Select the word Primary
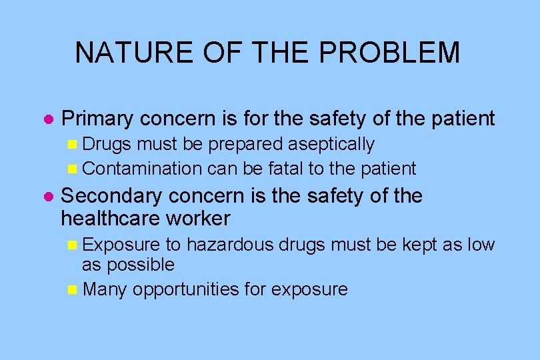pos(98,119)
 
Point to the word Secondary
pos(111,196)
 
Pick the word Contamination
pos(142,169)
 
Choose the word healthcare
pos(111,218)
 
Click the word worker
pos(199,218)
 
